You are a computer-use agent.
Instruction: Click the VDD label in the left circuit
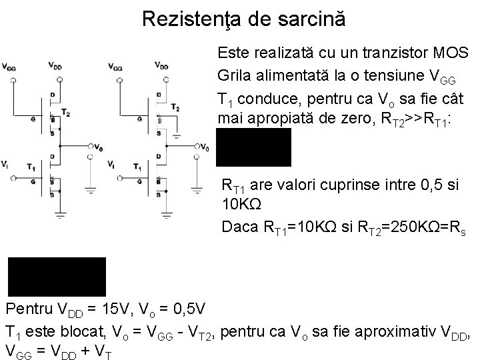56,66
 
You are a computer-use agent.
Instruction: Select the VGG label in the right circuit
114,67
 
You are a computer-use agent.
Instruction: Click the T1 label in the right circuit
137,166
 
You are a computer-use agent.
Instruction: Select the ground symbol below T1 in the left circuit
59,215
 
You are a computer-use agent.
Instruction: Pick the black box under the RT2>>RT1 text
253,147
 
